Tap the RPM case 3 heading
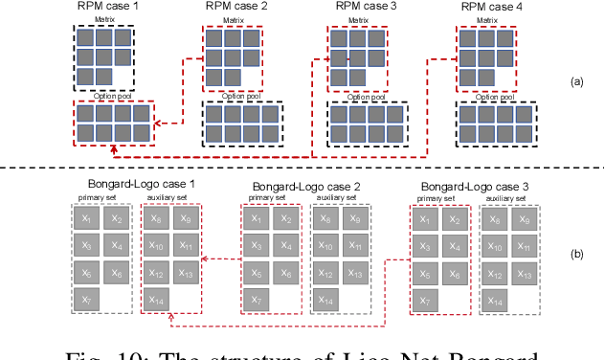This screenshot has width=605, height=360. click(363, 7)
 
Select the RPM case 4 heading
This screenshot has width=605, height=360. click(490, 7)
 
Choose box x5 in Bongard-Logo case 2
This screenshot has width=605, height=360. click(257, 274)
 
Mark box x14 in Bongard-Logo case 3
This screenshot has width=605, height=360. click(495, 301)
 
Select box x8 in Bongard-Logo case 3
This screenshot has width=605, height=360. click(495, 219)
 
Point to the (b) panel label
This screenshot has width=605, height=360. click(576, 254)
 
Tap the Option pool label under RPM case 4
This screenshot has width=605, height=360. click(491, 96)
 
